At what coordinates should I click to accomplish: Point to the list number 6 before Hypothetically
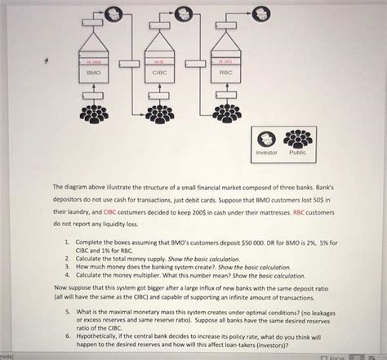click(67, 335)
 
